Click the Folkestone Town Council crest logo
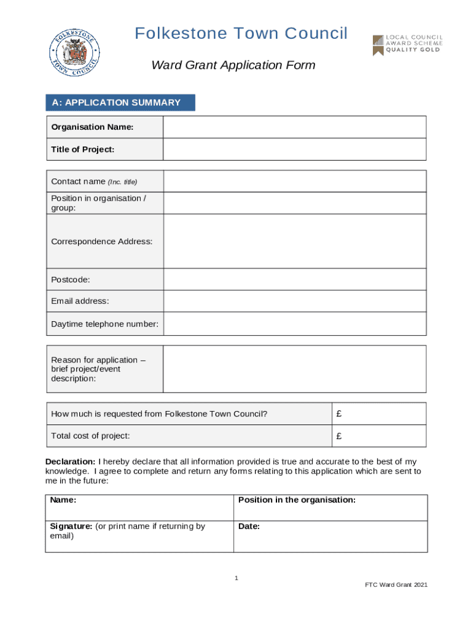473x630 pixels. tap(74, 55)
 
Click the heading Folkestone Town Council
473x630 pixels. tap(241, 33)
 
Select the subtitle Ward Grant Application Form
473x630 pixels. tap(233, 65)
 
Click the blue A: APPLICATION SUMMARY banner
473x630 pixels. tap(120, 103)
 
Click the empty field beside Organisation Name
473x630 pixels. tap(294, 127)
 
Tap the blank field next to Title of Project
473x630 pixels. tap(294, 150)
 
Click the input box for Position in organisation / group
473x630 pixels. tap(294, 203)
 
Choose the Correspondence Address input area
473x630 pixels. tap(294, 241)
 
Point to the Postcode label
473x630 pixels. tap(71, 279)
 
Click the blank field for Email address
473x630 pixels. tap(294, 301)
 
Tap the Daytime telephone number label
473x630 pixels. tap(104, 324)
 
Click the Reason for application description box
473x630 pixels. tap(294, 369)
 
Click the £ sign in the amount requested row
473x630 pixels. tap(339, 414)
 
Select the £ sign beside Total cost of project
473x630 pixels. tap(339, 436)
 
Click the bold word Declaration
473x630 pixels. tap(70, 461)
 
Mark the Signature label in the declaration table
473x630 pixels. tap(71, 527)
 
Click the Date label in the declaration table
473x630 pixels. tap(249, 527)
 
